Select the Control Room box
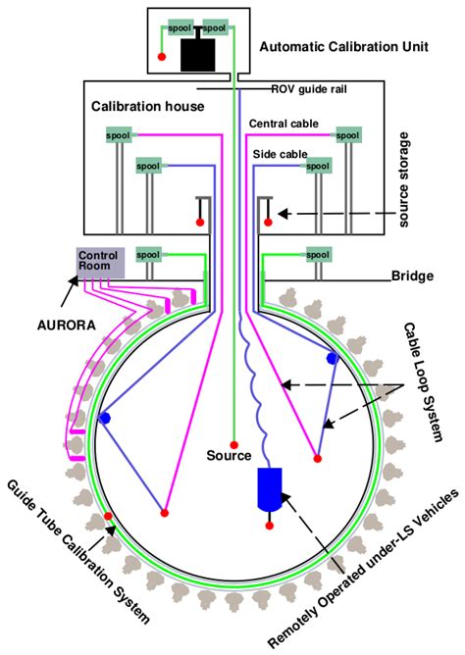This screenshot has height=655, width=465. tap(100, 262)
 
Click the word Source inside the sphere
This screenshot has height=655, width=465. tap(229, 456)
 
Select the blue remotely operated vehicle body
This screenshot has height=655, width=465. tap(268, 488)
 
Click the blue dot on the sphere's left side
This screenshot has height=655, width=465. tap(103, 419)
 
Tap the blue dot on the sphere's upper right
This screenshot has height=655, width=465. tap(333, 359)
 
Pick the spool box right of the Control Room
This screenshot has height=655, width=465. tap(147, 254)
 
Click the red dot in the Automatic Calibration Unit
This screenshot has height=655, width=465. tap(161, 57)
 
